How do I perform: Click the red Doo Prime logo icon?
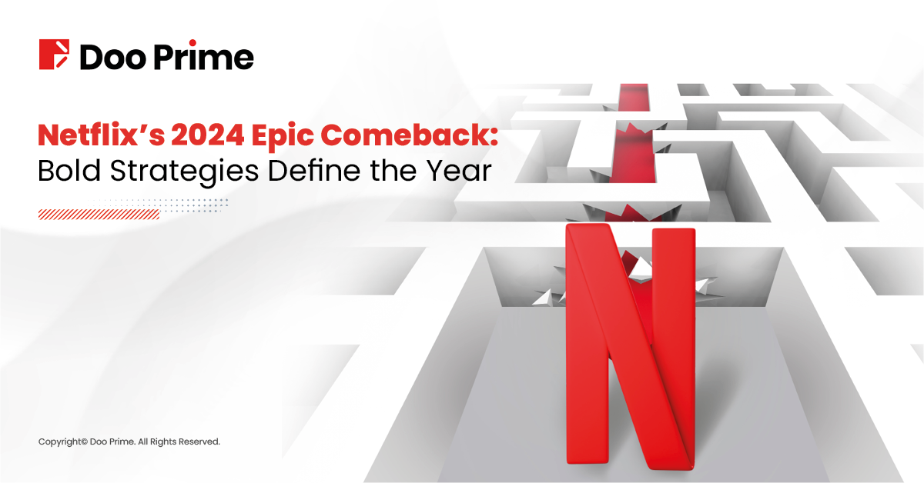tap(55, 55)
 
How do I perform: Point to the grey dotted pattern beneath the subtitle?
tap(192, 205)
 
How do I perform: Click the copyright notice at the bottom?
tap(129, 441)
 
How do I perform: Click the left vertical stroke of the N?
tap(585, 346)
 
